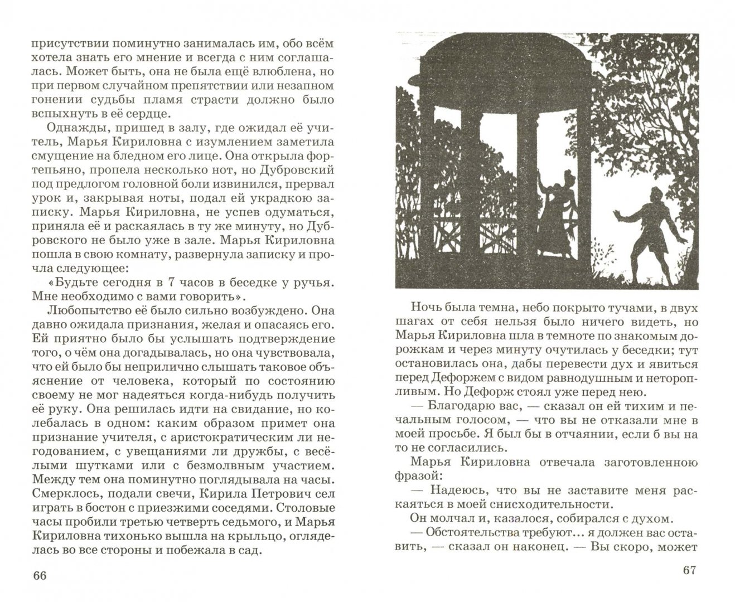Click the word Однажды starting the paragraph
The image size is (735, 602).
(x=55, y=129)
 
